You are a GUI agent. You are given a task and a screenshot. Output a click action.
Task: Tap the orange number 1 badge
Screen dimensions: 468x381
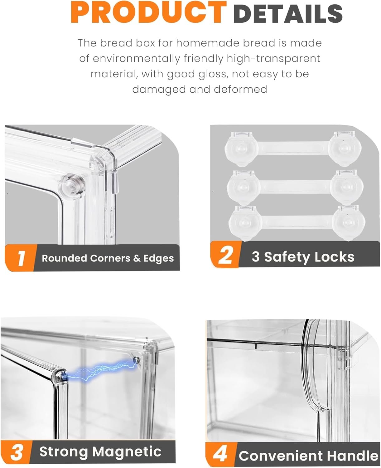pyautogui.click(x=21, y=258)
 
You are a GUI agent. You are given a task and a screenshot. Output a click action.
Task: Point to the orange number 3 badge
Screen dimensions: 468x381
pyautogui.click(x=16, y=452)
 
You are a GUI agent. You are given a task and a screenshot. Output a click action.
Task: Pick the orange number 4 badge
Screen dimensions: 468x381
pyautogui.click(x=220, y=454)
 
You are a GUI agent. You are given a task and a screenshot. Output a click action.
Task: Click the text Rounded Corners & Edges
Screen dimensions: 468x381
pyautogui.click(x=108, y=258)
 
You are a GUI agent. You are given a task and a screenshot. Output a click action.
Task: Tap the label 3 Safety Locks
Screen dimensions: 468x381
pyautogui.click(x=303, y=257)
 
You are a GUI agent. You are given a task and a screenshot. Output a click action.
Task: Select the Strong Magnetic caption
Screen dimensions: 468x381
pyautogui.click(x=100, y=451)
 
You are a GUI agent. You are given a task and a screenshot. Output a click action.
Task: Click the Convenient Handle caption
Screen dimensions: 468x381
pyautogui.click(x=308, y=456)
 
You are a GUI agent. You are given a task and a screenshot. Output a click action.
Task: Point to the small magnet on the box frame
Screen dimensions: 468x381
pyautogui.click(x=136, y=361)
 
